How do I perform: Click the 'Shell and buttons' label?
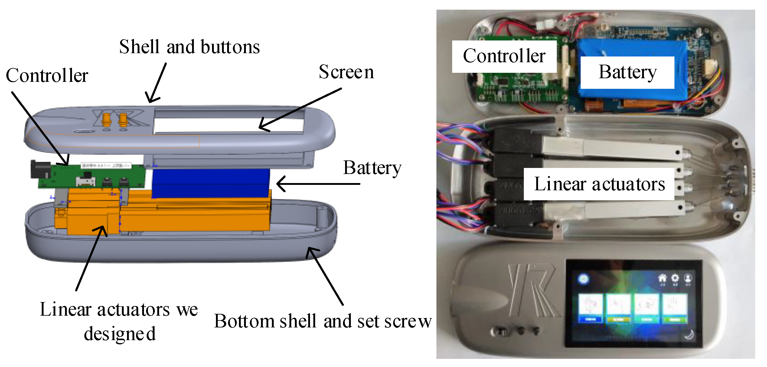(189, 47)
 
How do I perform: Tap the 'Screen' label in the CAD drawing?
(346, 72)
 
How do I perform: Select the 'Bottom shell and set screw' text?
(323, 321)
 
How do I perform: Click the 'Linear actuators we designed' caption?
(119, 321)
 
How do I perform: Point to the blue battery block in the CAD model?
(211, 183)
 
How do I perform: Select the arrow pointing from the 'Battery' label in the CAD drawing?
(318, 184)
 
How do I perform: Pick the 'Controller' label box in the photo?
(504, 56)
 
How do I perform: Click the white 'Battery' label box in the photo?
(627, 72)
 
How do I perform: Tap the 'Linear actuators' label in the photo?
(599, 184)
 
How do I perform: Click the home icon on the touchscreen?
(662, 278)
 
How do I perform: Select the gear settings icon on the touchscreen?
(675, 278)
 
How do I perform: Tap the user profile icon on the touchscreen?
(688, 278)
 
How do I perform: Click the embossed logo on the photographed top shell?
(532, 290)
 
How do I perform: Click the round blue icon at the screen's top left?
(583, 278)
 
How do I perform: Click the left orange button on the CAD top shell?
(106, 120)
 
